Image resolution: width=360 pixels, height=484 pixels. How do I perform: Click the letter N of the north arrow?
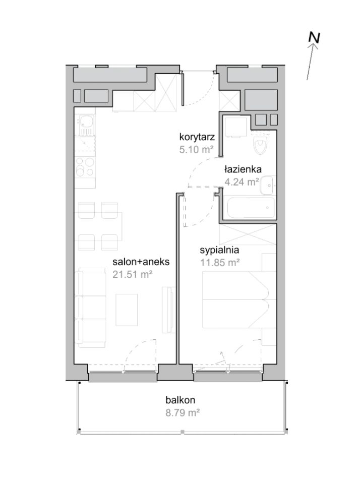314,38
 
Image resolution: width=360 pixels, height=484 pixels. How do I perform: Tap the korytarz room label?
197,137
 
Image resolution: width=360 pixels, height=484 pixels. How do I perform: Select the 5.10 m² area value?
197,150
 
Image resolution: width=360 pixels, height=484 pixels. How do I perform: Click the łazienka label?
243,169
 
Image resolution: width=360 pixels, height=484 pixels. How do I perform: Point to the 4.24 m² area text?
242,182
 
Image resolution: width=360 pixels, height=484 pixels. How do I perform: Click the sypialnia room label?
219,250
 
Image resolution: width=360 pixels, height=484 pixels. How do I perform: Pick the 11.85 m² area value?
220,263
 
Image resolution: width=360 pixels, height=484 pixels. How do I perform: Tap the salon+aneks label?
141,262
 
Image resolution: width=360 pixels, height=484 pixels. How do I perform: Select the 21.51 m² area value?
133,274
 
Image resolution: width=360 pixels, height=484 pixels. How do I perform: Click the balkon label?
181,400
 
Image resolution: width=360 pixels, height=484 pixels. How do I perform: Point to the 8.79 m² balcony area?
183,413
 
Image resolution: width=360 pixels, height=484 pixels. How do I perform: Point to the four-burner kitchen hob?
85,167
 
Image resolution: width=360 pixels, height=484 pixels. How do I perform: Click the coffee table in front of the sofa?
127,310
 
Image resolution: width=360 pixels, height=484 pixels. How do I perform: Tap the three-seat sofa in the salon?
91,308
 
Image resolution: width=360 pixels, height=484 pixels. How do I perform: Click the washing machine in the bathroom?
235,128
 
